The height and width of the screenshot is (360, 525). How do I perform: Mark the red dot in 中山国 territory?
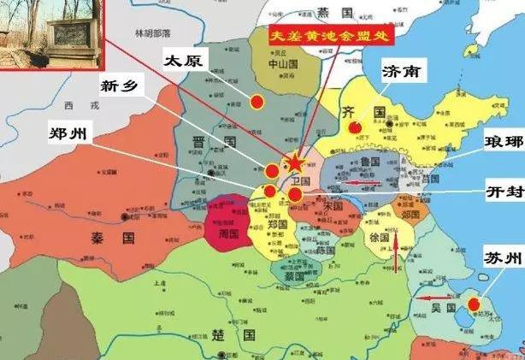pos(257,102)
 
